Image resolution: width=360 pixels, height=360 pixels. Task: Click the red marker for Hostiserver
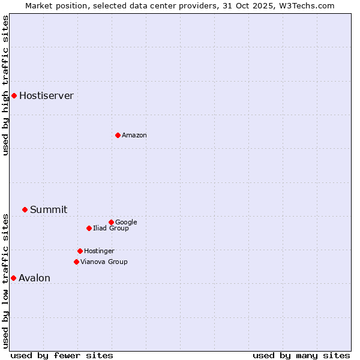pyautogui.click(x=14, y=95)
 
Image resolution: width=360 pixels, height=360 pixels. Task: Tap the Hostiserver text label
pyautogui.click(x=46, y=96)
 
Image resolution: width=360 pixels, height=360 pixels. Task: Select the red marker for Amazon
pyautogui.click(x=118, y=135)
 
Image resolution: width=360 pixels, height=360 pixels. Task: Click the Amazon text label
pyautogui.click(x=134, y=136)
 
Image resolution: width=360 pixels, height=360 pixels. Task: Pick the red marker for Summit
pyautogui.click(x=25, y=209)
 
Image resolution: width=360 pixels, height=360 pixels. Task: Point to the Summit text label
pyautogui.click(x=49, y=210)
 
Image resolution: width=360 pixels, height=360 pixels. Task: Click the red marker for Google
pyautogui.click(x=111, y=222)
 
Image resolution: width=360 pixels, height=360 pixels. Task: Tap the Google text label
pyautogui.click(x=126, y=223)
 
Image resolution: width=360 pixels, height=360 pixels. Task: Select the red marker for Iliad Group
pyautogui.click(x=89, y=228)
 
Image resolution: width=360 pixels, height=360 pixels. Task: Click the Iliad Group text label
pyautogui.click(x=111, y=229)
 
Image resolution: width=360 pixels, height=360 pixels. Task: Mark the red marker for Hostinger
pyautogui.click(x=80, y=251)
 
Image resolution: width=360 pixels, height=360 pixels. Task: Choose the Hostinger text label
pyautogui.click(x=99, y=251)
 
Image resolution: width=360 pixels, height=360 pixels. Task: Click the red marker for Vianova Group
pyautogui.click(x=76, y=262)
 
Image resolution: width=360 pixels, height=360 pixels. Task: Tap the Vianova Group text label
pyautogui.click(x=104, y=262)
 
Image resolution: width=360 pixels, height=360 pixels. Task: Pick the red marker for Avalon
pyautogui.click(x=13, y=278)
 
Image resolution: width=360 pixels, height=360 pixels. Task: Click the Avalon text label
pyautogui.click(x=34, y=278)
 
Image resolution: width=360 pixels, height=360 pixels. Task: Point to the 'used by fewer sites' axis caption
pyautogui.click(x=62, y=355)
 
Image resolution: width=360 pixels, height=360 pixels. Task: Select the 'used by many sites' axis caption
pyautogui.click(x=301, y=355)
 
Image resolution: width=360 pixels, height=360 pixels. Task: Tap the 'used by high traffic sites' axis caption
pyautogui.click(x=5, y=85)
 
